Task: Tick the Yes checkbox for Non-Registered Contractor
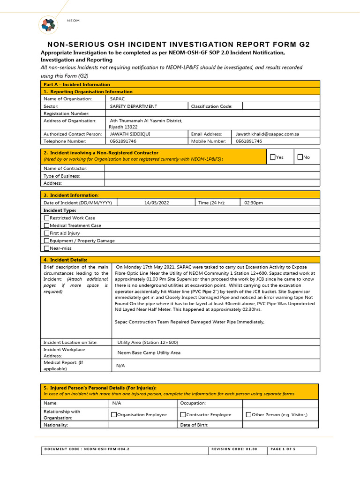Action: [273, 157]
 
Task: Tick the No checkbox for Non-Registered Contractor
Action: [300, 157]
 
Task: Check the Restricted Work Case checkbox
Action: [46, 218]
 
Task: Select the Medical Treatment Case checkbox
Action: [46, 225]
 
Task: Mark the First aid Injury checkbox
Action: [46, 233]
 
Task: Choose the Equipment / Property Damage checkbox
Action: [46, 240]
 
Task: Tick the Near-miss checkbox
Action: [46, 248]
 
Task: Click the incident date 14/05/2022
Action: [156, 202]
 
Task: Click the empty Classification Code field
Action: [281, 106]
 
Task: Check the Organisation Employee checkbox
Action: [114, 415]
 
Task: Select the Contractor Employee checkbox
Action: [183, 415]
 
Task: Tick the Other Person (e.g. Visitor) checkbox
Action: [248, 415]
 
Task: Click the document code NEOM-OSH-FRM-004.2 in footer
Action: [87, 449]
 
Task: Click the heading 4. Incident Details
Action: [65, 260]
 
